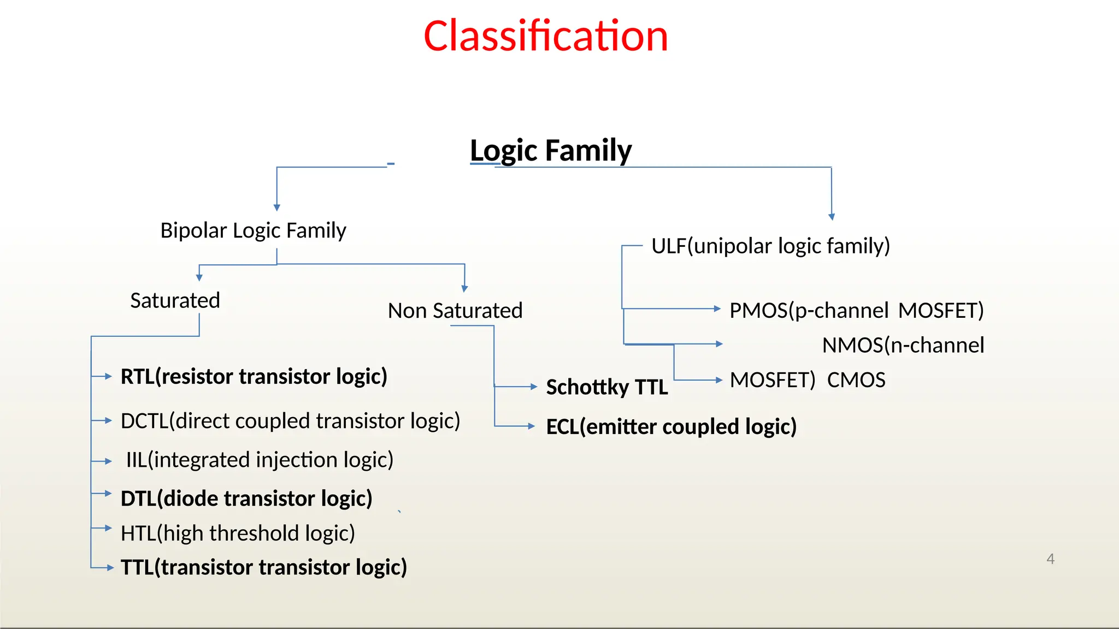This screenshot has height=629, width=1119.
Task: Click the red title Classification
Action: pos(545,36)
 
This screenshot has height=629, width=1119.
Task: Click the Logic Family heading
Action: pos(550,150)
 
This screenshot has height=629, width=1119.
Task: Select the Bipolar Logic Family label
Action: pos(253,230)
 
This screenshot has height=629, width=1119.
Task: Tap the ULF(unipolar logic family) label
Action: pos(770,246)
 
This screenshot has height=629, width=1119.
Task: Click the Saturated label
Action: pos(175,300)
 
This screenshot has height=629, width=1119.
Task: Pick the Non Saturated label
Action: pos(455,311)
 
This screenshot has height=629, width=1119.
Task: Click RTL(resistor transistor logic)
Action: pos(254,377)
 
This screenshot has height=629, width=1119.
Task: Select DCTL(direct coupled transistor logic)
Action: pos(290,421)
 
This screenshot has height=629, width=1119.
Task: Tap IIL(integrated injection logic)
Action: pos(260,460)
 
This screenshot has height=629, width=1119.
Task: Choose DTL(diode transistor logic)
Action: pos(246,499)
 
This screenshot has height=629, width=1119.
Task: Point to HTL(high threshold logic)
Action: pos(238,533)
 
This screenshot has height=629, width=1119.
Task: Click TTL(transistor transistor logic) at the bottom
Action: pos(264,567)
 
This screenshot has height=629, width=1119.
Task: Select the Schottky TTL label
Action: pos(606,387)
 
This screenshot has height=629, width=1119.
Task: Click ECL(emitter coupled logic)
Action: pos(671,426)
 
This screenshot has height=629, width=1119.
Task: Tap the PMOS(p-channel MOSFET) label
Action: pos(856,311)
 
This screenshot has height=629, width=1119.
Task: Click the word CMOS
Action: pos(856,380)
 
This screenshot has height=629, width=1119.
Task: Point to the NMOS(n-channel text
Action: pos(903,345)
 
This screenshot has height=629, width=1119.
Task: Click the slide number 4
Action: pos(1050,559)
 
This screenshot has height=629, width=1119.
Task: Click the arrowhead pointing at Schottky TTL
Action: pos(534,387)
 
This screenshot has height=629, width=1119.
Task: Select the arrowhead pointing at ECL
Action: pos(531,426)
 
